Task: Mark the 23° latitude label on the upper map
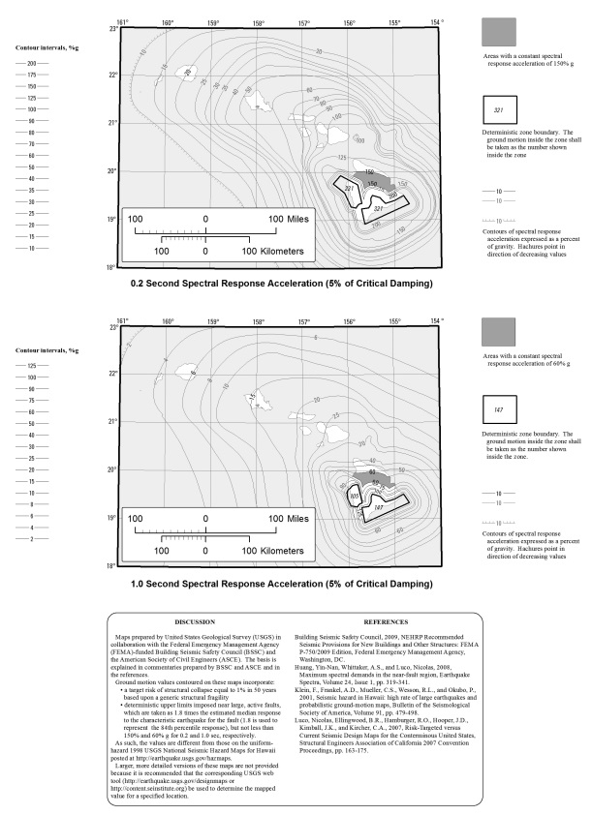pyautogui.click(x=113, y=30)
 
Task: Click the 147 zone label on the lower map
pyautogui.click(x=380, y=507)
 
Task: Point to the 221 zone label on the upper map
pyautogui.click(x=350, y=188)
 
